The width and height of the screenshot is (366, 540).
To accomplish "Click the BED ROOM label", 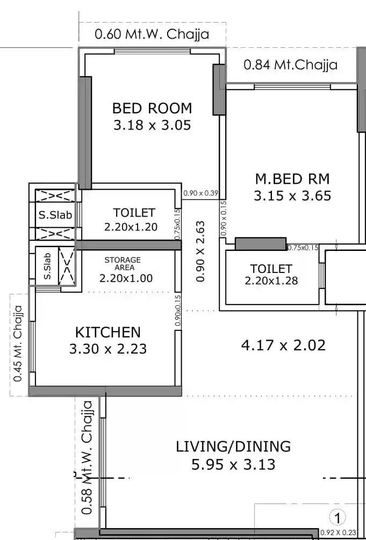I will point(152,108).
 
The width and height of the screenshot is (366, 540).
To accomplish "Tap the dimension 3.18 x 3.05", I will point(152,126).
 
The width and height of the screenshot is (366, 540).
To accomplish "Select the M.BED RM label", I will point(292,178).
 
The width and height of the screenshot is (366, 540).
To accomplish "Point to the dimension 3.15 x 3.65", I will point(292,196).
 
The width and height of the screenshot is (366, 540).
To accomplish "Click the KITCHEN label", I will point(107,332).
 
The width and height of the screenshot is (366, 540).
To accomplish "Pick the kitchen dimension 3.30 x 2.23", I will point(107,349).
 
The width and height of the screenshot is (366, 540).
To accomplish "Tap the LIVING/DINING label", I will point(233,446).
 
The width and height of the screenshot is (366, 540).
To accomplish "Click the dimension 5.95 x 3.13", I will point(233,464).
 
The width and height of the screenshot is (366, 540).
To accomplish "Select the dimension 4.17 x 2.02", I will point(283,345).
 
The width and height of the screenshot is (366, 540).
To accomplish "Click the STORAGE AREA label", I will point(123,263).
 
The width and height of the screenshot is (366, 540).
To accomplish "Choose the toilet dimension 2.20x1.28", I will point(271,280).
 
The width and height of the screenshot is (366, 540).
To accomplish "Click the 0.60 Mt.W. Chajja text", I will point(152,35).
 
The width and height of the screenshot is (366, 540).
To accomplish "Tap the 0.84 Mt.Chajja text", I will point(290,65).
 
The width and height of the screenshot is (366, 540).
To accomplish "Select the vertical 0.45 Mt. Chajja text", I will point(18,344).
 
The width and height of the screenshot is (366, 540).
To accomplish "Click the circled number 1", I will point(337,518).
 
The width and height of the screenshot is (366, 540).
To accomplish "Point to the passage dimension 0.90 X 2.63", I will point(200,251).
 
